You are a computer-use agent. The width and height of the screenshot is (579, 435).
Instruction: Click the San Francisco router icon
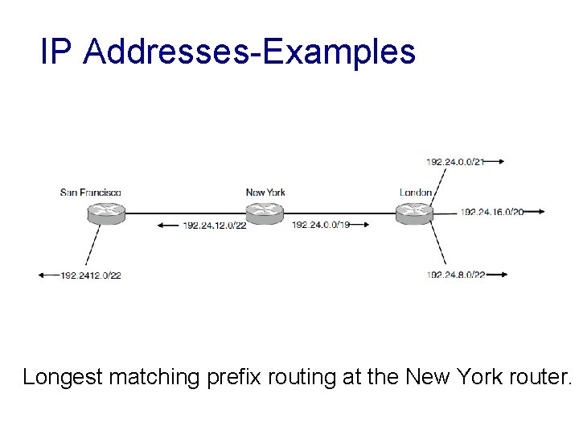[x=105, y=213]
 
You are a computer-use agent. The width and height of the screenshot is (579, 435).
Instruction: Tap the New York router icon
[x=264, y=213]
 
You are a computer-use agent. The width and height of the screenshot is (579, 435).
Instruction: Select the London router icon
[x=414, y=213]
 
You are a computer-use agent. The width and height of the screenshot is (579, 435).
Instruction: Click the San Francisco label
[x=91, y=192]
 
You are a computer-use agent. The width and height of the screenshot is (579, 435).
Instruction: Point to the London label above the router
[x=416, y=192]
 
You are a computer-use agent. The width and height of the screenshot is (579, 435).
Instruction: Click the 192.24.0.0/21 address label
[x=454, y=162]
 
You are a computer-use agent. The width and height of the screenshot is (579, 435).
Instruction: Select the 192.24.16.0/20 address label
[x=492, y=212]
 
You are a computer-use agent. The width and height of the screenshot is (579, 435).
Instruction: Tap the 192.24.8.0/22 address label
[x=456, y=275]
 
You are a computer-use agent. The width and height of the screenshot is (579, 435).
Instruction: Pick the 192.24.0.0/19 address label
[x=321, y=225]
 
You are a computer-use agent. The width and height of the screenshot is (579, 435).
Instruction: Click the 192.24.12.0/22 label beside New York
[x=214, y=225]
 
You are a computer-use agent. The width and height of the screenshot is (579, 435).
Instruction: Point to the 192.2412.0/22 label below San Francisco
[x=90, y=275]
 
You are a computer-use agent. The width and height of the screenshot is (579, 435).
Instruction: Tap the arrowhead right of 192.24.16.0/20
[x=541, y=212]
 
